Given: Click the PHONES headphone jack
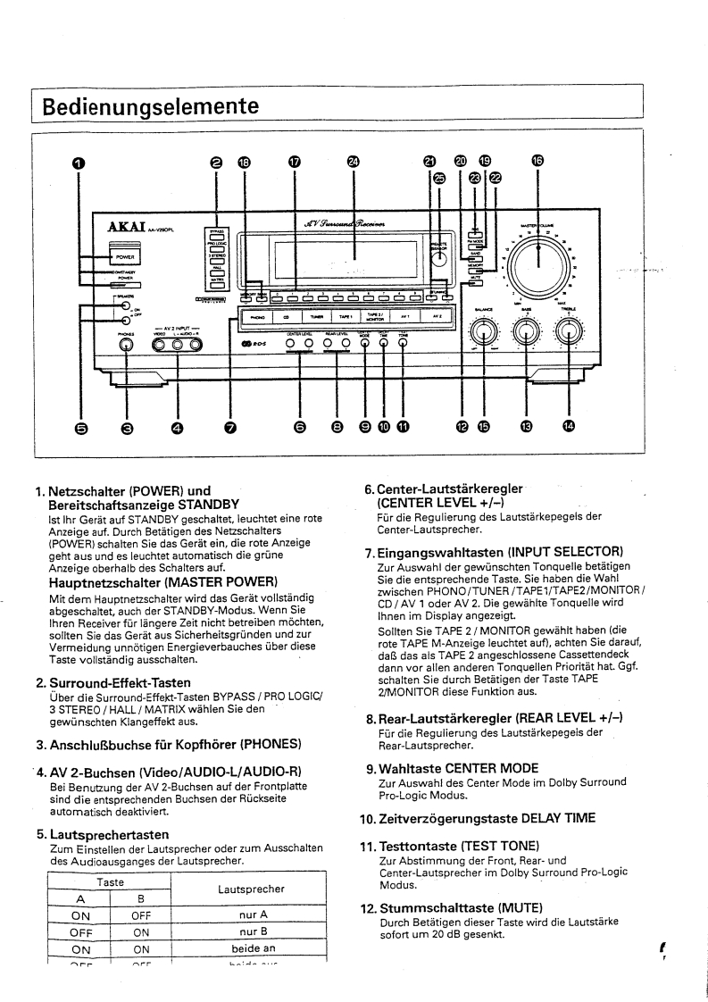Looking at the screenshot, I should click(127, 345).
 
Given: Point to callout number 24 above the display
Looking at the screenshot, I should click(354, 161).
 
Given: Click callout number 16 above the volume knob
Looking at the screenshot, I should click(537, 161).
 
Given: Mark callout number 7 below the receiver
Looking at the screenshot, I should click(230, 428).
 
